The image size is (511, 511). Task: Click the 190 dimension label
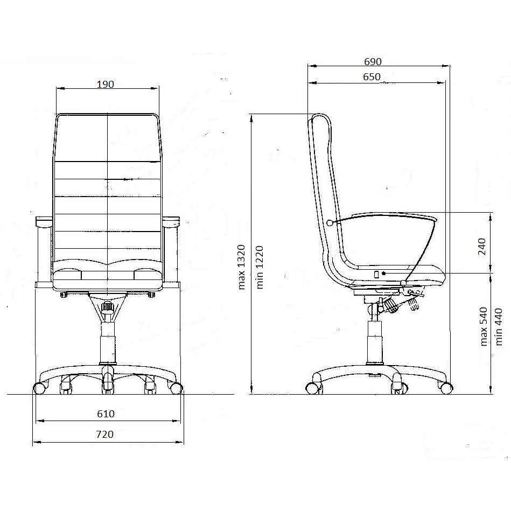105,85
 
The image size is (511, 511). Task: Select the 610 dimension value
106,414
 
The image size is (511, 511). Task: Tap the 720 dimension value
105,435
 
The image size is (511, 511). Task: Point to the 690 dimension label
373,61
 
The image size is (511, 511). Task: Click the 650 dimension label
372,77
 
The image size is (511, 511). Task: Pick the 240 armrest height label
482,247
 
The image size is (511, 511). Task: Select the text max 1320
241,267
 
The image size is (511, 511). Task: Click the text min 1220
260,267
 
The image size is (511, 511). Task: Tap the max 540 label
484,326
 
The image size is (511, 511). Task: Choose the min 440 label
499,327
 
